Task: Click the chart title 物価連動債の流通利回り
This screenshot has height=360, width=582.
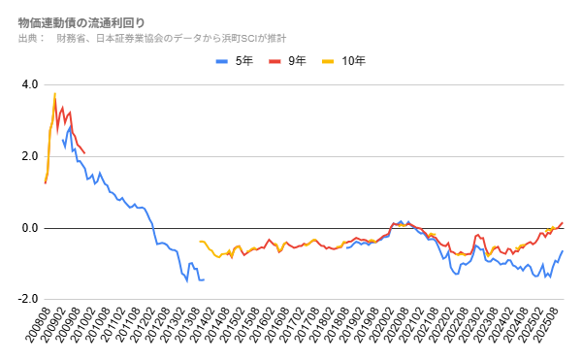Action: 82,21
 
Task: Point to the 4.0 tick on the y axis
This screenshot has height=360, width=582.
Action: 29,84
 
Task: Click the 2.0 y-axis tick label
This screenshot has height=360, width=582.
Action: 29,156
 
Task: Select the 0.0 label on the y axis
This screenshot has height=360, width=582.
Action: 29,228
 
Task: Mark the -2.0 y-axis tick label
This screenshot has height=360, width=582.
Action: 27,300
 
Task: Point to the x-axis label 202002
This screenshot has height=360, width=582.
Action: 385,330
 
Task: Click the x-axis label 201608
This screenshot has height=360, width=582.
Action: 278,330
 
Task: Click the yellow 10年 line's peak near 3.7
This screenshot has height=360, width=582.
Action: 55,94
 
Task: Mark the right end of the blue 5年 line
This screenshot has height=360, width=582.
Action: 563,251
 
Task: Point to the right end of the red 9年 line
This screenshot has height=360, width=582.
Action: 563,222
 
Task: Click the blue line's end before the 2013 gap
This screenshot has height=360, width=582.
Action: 204,279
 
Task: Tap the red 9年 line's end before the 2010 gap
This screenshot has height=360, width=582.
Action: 85,153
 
